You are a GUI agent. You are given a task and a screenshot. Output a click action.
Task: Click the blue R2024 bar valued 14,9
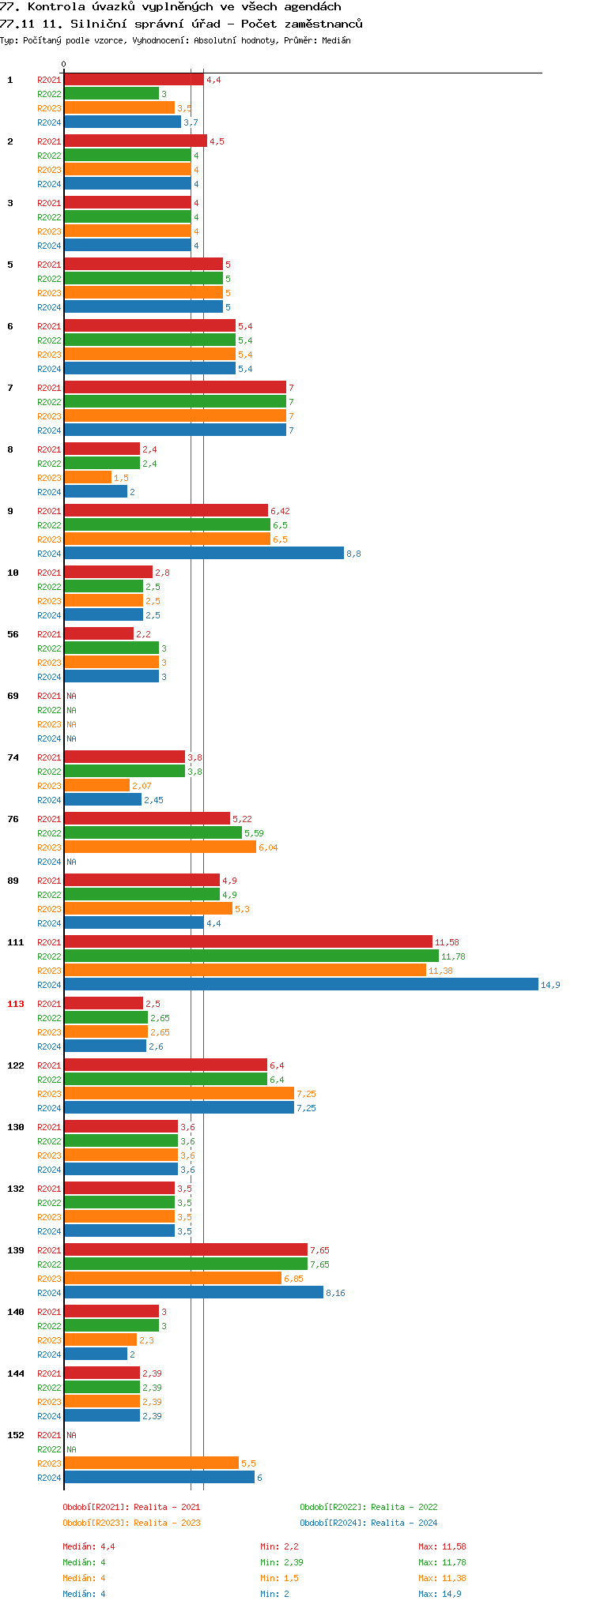tap(300, 984)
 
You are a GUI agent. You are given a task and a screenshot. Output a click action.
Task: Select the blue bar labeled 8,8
tap(204, 554)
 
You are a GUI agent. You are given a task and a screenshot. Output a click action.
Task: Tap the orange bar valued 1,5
tap(88, 478)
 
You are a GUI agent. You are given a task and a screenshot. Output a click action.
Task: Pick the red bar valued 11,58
tap(248, 941)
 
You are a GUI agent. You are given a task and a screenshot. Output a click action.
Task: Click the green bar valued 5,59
tap(153, 832)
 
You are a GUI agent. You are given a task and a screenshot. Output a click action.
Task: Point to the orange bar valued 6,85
tap(172, 1278)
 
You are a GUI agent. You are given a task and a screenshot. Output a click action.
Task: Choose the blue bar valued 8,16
tap(194, 1292)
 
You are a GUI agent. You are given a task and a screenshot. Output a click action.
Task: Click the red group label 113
tap(16, 1004)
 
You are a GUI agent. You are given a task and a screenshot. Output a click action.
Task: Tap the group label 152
tap(16, 1435)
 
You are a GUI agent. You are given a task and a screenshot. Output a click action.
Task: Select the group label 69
tap(13, 696)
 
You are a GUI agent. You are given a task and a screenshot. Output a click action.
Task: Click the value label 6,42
tap(280, 511)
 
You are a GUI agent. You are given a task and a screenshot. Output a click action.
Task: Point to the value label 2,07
tap(142, 786)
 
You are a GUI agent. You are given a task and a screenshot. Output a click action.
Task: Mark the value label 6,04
tap(268, 847)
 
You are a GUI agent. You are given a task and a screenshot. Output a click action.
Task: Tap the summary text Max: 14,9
tap(440, 1594)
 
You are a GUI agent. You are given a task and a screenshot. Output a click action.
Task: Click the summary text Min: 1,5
tap(279, 1578)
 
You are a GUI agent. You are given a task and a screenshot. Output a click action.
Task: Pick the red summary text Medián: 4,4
tap(89, 1546)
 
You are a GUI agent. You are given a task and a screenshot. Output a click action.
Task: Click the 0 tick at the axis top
tap(64, 64)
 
